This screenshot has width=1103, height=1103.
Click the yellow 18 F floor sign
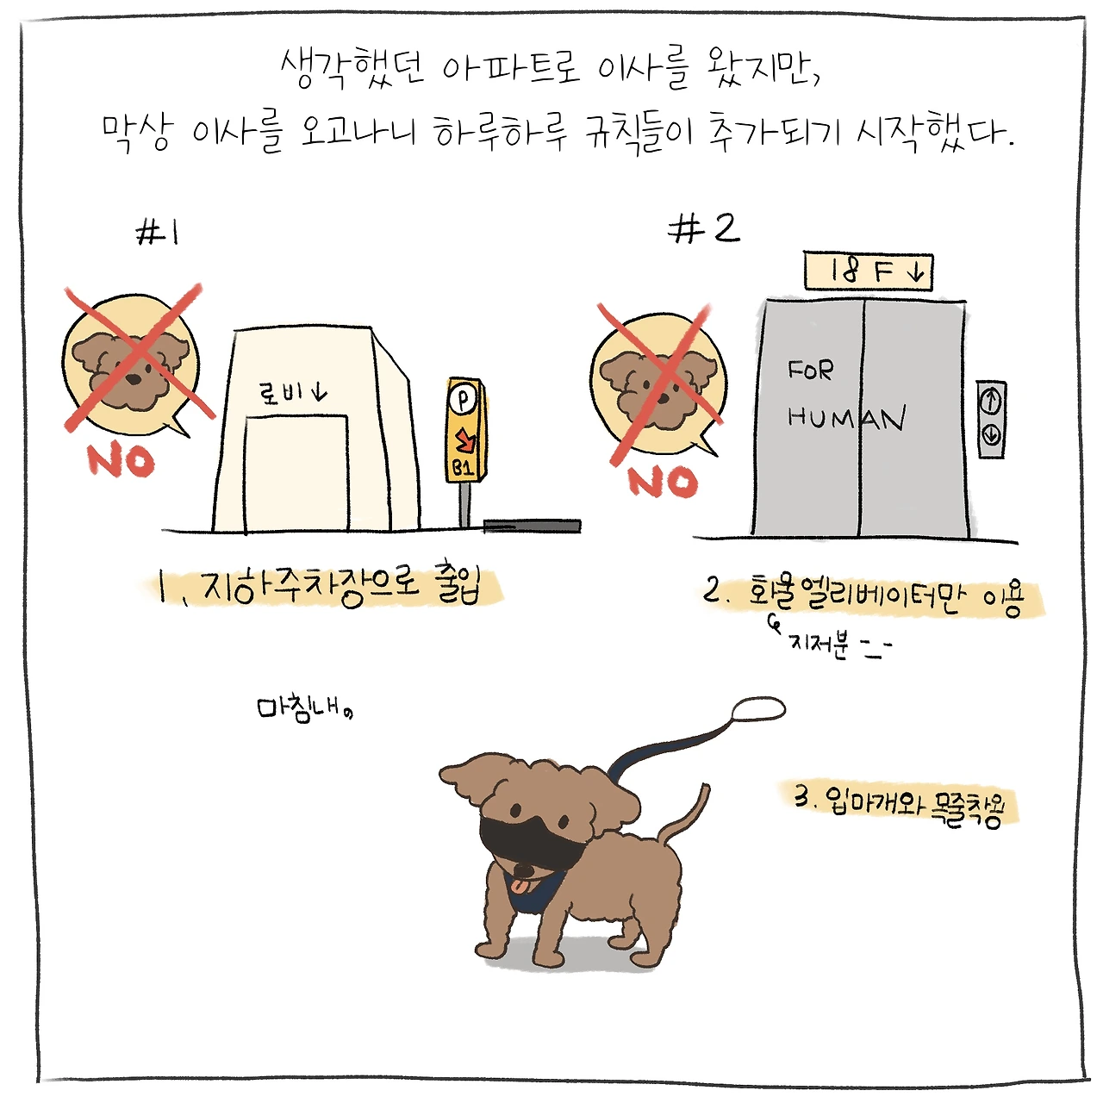869,272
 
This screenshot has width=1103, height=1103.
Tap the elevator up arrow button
991,402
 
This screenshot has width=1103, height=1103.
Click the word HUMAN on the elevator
846,418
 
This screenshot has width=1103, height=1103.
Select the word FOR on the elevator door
811,370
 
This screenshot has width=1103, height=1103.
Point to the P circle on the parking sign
462,399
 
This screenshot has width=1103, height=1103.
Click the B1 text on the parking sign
463,469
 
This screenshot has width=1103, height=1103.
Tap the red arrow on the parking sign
464,440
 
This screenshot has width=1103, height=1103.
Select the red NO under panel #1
121,461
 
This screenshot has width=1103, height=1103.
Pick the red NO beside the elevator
663,482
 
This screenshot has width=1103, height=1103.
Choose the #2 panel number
704,229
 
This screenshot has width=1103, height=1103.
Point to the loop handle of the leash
758,708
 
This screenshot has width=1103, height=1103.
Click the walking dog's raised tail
684,813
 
